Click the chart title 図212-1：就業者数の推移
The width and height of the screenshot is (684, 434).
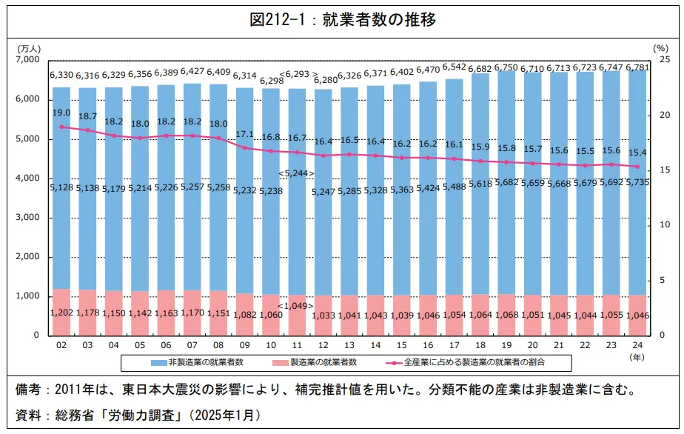point(342,20)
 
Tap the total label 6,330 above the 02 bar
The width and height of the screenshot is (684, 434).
point(61,75)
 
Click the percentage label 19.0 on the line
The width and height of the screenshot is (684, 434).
point(61,113)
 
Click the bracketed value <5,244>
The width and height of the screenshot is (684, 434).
point(296,173)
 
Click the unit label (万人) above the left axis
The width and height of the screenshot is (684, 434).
point(29,47)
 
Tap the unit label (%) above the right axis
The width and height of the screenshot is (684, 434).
point(660,47)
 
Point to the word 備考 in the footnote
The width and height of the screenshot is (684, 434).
point(32,390)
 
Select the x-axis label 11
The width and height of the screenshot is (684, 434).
point(296,346)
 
